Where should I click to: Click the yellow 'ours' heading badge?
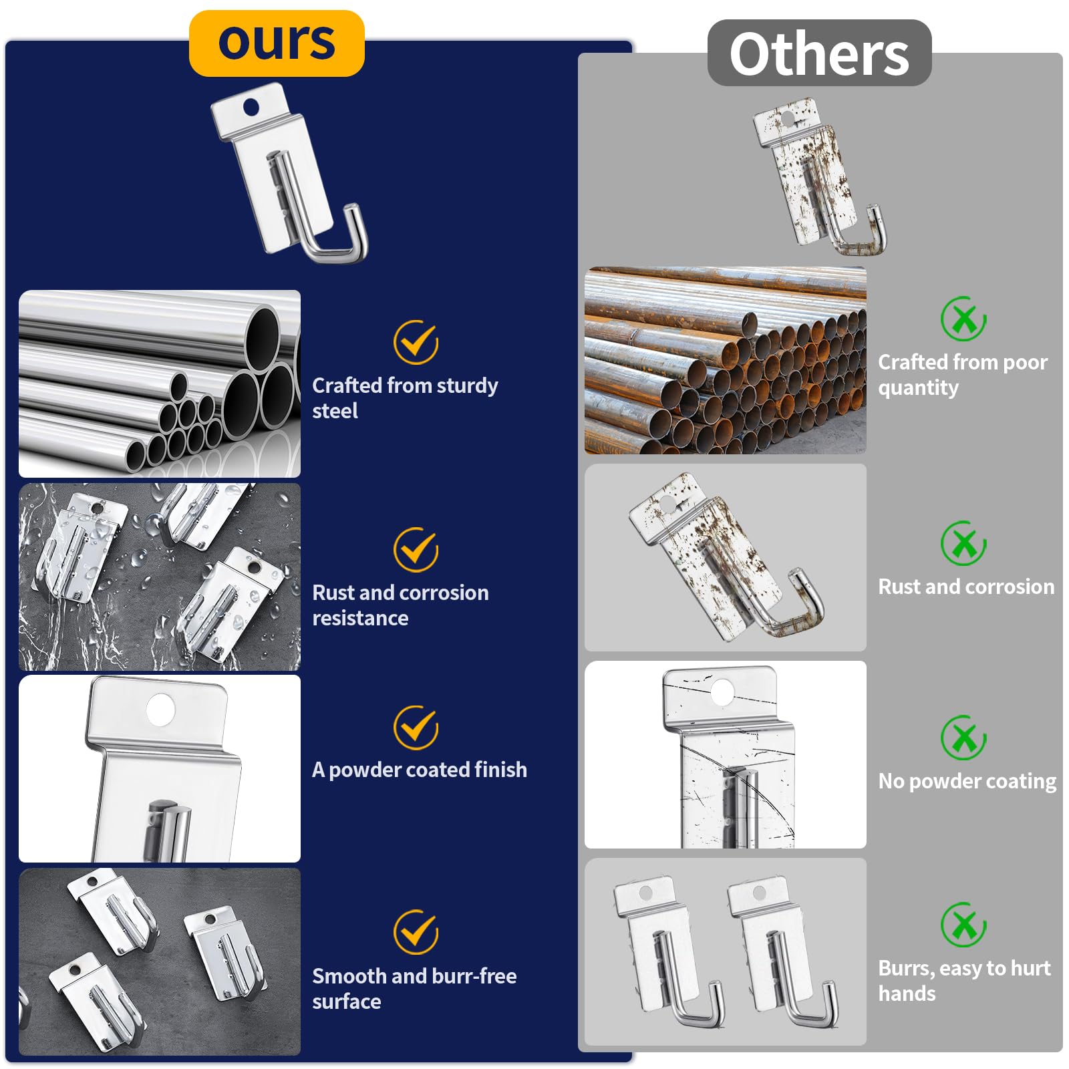[277, 43]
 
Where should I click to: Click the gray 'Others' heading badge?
[819, 53]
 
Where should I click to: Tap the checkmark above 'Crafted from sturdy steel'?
[416, 342]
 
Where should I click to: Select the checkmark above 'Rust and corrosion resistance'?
[416, 549]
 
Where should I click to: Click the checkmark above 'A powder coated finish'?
[416, 727]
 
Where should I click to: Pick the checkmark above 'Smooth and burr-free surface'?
[416, 931]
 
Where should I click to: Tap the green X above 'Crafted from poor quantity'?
[963, 319]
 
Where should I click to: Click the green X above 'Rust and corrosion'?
[963, 543]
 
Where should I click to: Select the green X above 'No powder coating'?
[963, 738]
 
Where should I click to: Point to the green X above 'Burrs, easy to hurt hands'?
[963, 925]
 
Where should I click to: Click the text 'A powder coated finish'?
[420, 770]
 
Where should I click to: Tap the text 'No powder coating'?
[967, 781]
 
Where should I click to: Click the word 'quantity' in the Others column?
[918, 388]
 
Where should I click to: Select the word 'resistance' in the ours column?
[360, 618]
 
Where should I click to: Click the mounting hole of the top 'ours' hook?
[251, 106]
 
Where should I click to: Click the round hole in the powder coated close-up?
[160, 710]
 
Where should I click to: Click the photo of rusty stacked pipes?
[726, 361]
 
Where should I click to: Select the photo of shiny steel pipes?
[160, 384]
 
